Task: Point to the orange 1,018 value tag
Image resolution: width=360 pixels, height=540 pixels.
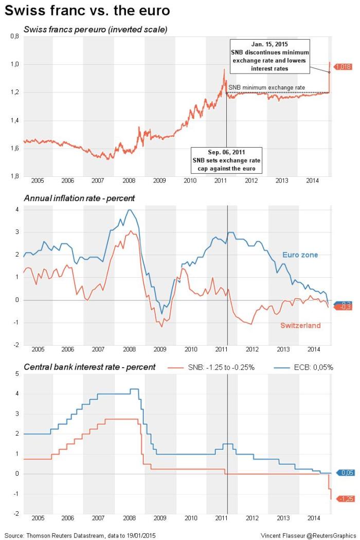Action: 343,66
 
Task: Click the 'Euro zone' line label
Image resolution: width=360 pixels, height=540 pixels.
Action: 300,255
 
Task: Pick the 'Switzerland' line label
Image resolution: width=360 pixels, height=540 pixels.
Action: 300,325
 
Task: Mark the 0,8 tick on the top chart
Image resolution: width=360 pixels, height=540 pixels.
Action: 15,37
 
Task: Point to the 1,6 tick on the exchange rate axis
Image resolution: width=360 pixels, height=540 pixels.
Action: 15,149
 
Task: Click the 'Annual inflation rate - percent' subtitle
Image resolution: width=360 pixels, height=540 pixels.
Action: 79,197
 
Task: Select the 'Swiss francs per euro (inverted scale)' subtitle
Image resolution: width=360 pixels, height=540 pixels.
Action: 96,29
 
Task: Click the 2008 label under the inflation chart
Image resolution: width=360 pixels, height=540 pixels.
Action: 129,349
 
